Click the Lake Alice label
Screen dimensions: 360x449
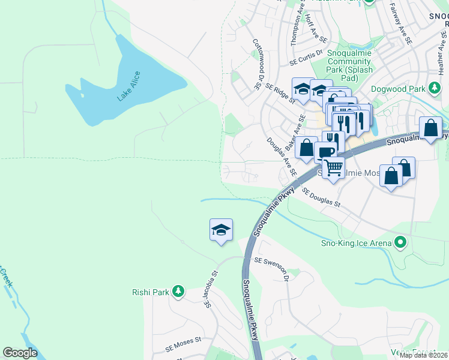[128, 86]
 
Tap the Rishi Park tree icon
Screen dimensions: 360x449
[178, 292]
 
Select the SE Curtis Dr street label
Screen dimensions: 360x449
[306, 61]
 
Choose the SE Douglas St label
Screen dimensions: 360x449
[321, 198]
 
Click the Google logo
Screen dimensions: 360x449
[20, 353]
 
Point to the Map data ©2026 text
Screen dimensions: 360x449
[424, 355]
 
